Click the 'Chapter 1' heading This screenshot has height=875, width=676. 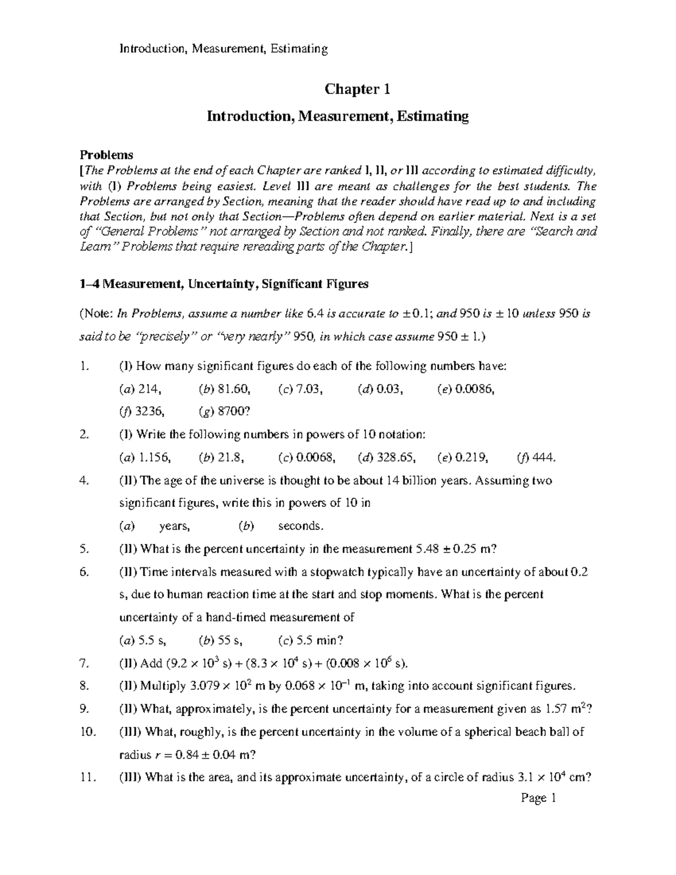(x=357, y=90)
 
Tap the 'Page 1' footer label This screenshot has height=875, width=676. (x=539, y=798)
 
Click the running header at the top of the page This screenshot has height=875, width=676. (x=223, y=49)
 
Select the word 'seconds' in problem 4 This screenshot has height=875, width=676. (x=300, y=526)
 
